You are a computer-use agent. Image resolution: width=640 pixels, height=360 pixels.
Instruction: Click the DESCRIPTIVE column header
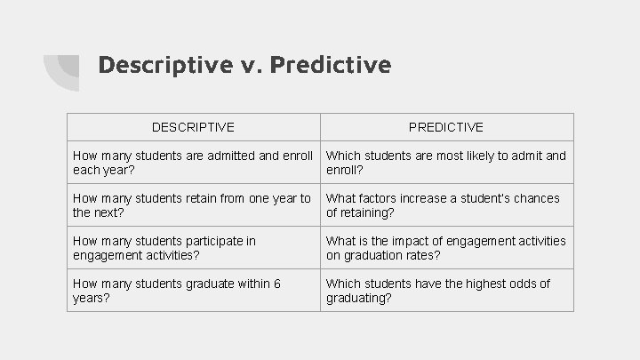tap(193, 128)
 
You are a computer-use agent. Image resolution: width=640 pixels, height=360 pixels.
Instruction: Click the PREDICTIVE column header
tap(446, 128)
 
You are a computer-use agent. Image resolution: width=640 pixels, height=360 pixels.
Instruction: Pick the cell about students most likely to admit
tap(446, 162)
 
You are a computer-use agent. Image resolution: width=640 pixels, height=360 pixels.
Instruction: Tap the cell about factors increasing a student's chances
tap(446, 205)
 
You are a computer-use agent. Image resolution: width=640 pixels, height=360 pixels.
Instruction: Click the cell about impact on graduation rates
tap(446, 247)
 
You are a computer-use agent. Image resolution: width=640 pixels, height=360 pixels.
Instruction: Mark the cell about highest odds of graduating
tap(446, 290)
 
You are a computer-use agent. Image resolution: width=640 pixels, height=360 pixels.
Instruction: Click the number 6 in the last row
tap(277, 284)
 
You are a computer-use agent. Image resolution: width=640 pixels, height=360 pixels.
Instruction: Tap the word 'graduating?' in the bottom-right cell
tap(359, 298)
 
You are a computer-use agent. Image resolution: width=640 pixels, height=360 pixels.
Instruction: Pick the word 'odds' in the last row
tap(521, 284)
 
